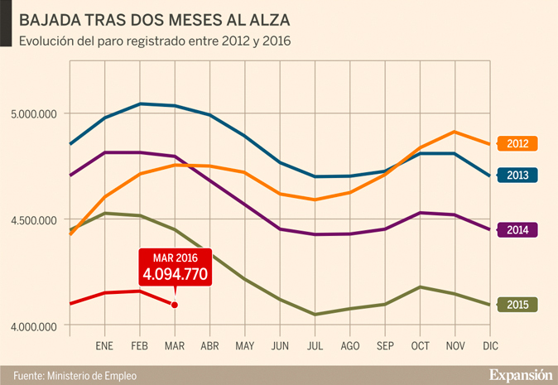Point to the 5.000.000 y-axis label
point(31,113)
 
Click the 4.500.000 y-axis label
point(31,219)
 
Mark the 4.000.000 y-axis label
point(31,325)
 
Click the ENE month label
point(104,345)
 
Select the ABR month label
point(209,345)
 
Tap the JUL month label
point(315,345)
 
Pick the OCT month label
point(421,345)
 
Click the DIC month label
point(490,345)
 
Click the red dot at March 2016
point(175,305)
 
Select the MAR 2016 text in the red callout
point(176,258)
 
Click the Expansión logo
point(519,373)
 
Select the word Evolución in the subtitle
point(46,40)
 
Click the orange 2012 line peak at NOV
point(455,132)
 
